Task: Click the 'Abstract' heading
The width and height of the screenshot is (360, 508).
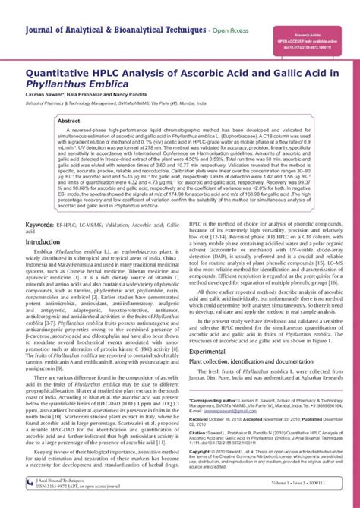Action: pos(70,120)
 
